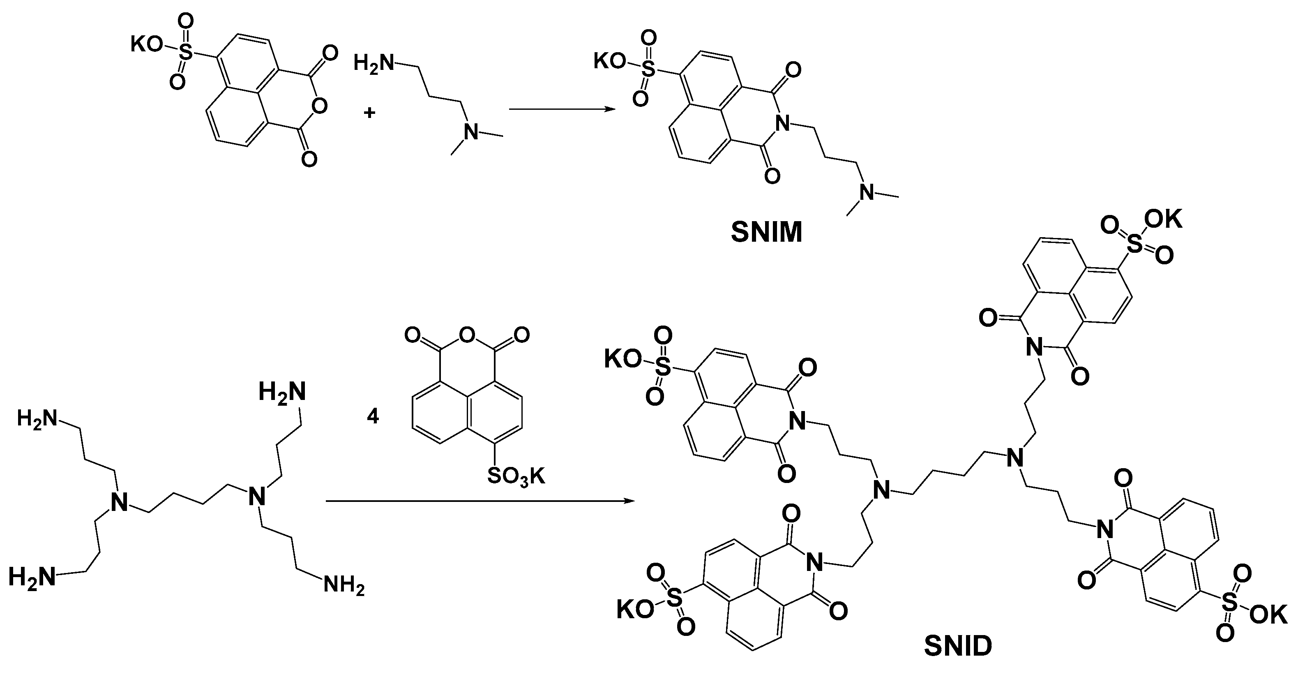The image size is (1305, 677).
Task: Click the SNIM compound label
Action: (766, 233)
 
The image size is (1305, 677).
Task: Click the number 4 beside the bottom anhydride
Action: (373, 417)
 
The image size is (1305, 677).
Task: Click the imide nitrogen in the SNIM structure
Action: (783, 122)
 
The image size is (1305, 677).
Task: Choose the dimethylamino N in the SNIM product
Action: (867, 192)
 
